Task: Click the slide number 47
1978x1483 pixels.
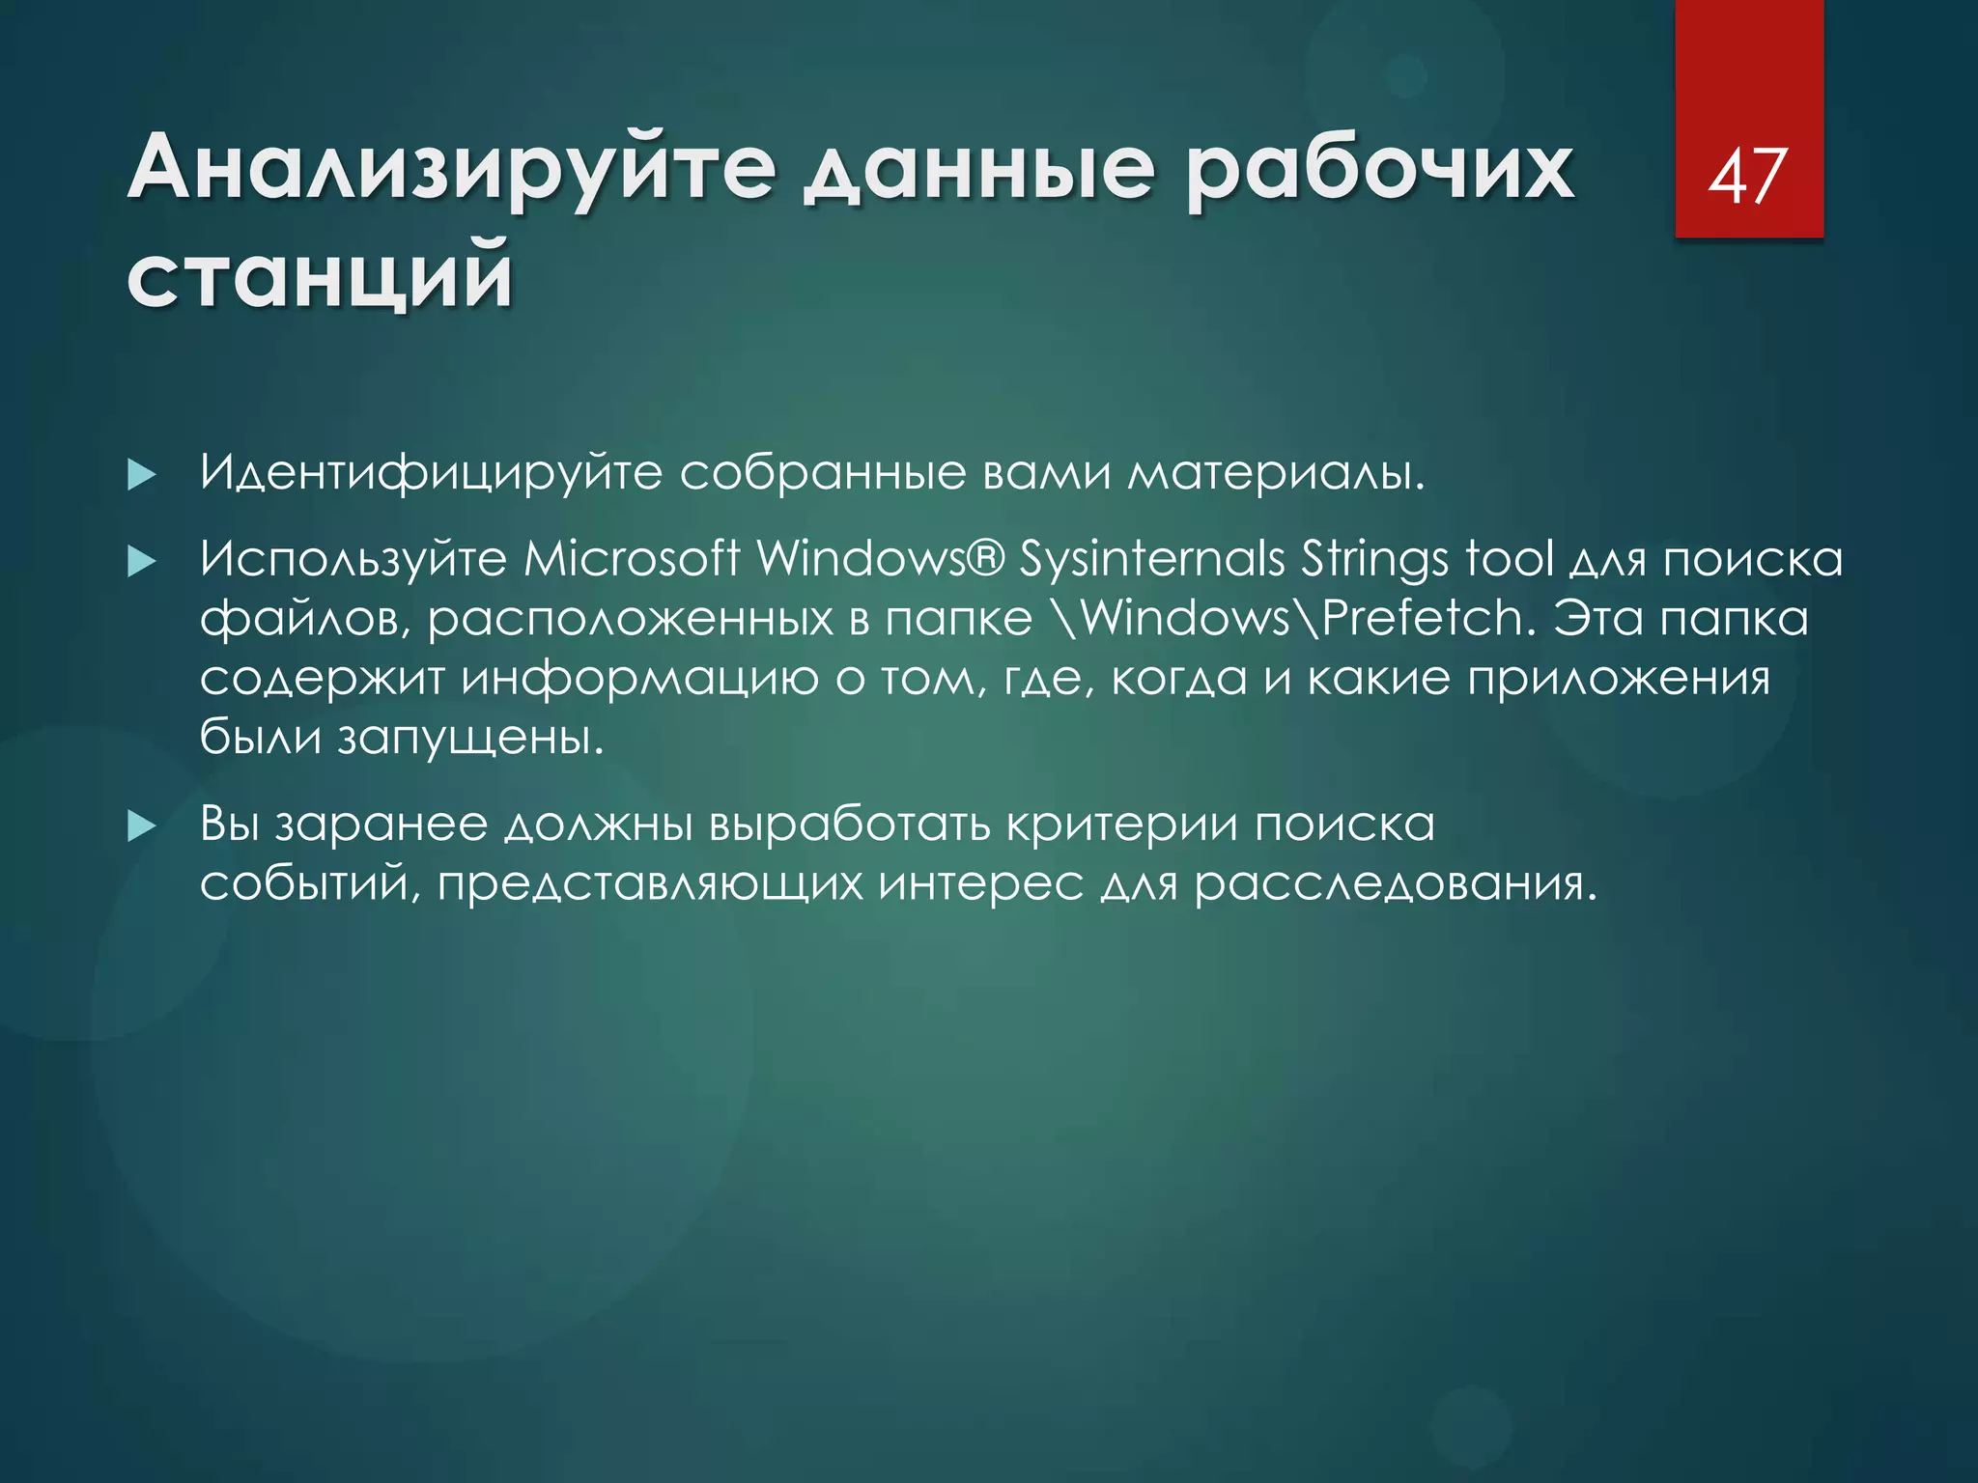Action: coord(1748,178)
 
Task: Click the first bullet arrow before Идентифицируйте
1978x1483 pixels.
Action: coord(141,475)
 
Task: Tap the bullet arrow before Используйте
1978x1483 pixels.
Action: coord(141,562)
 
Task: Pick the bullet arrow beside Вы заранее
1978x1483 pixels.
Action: coord(141,826)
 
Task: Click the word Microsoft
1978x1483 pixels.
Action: coord(632,559)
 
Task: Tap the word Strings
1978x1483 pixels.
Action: coord(1374,559)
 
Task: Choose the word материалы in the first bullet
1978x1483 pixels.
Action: coord(1275,473)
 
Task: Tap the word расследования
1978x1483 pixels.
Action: coord(1395,884)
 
